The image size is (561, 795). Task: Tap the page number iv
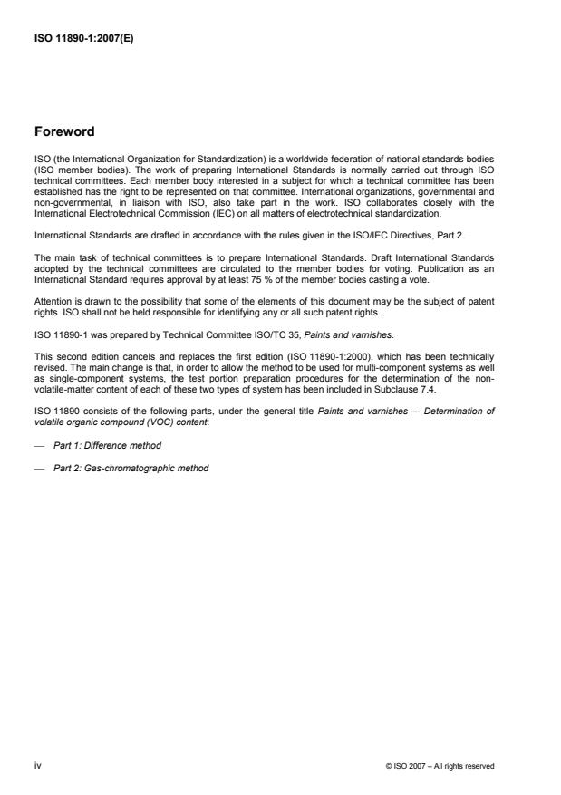(38, 766)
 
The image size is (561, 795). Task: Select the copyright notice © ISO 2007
(440, 766)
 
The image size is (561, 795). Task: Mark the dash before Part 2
(38, 469)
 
